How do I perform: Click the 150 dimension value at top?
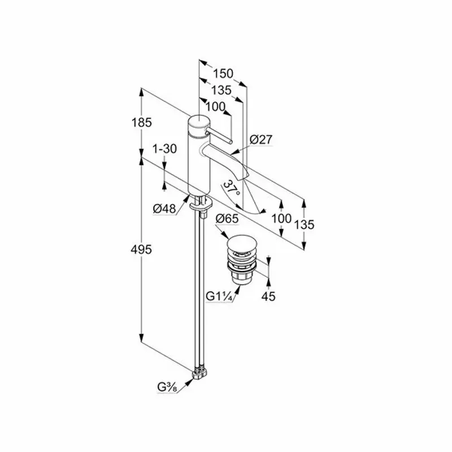click(223, 73)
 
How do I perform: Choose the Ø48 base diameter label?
click(164, 208)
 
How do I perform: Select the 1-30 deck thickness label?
click(165, 149)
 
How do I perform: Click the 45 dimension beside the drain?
click(269, 295)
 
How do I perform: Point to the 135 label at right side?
click(304, 224)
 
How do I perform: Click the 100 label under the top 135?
click(215, 106)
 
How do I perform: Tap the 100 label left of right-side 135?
click(281, 218)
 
